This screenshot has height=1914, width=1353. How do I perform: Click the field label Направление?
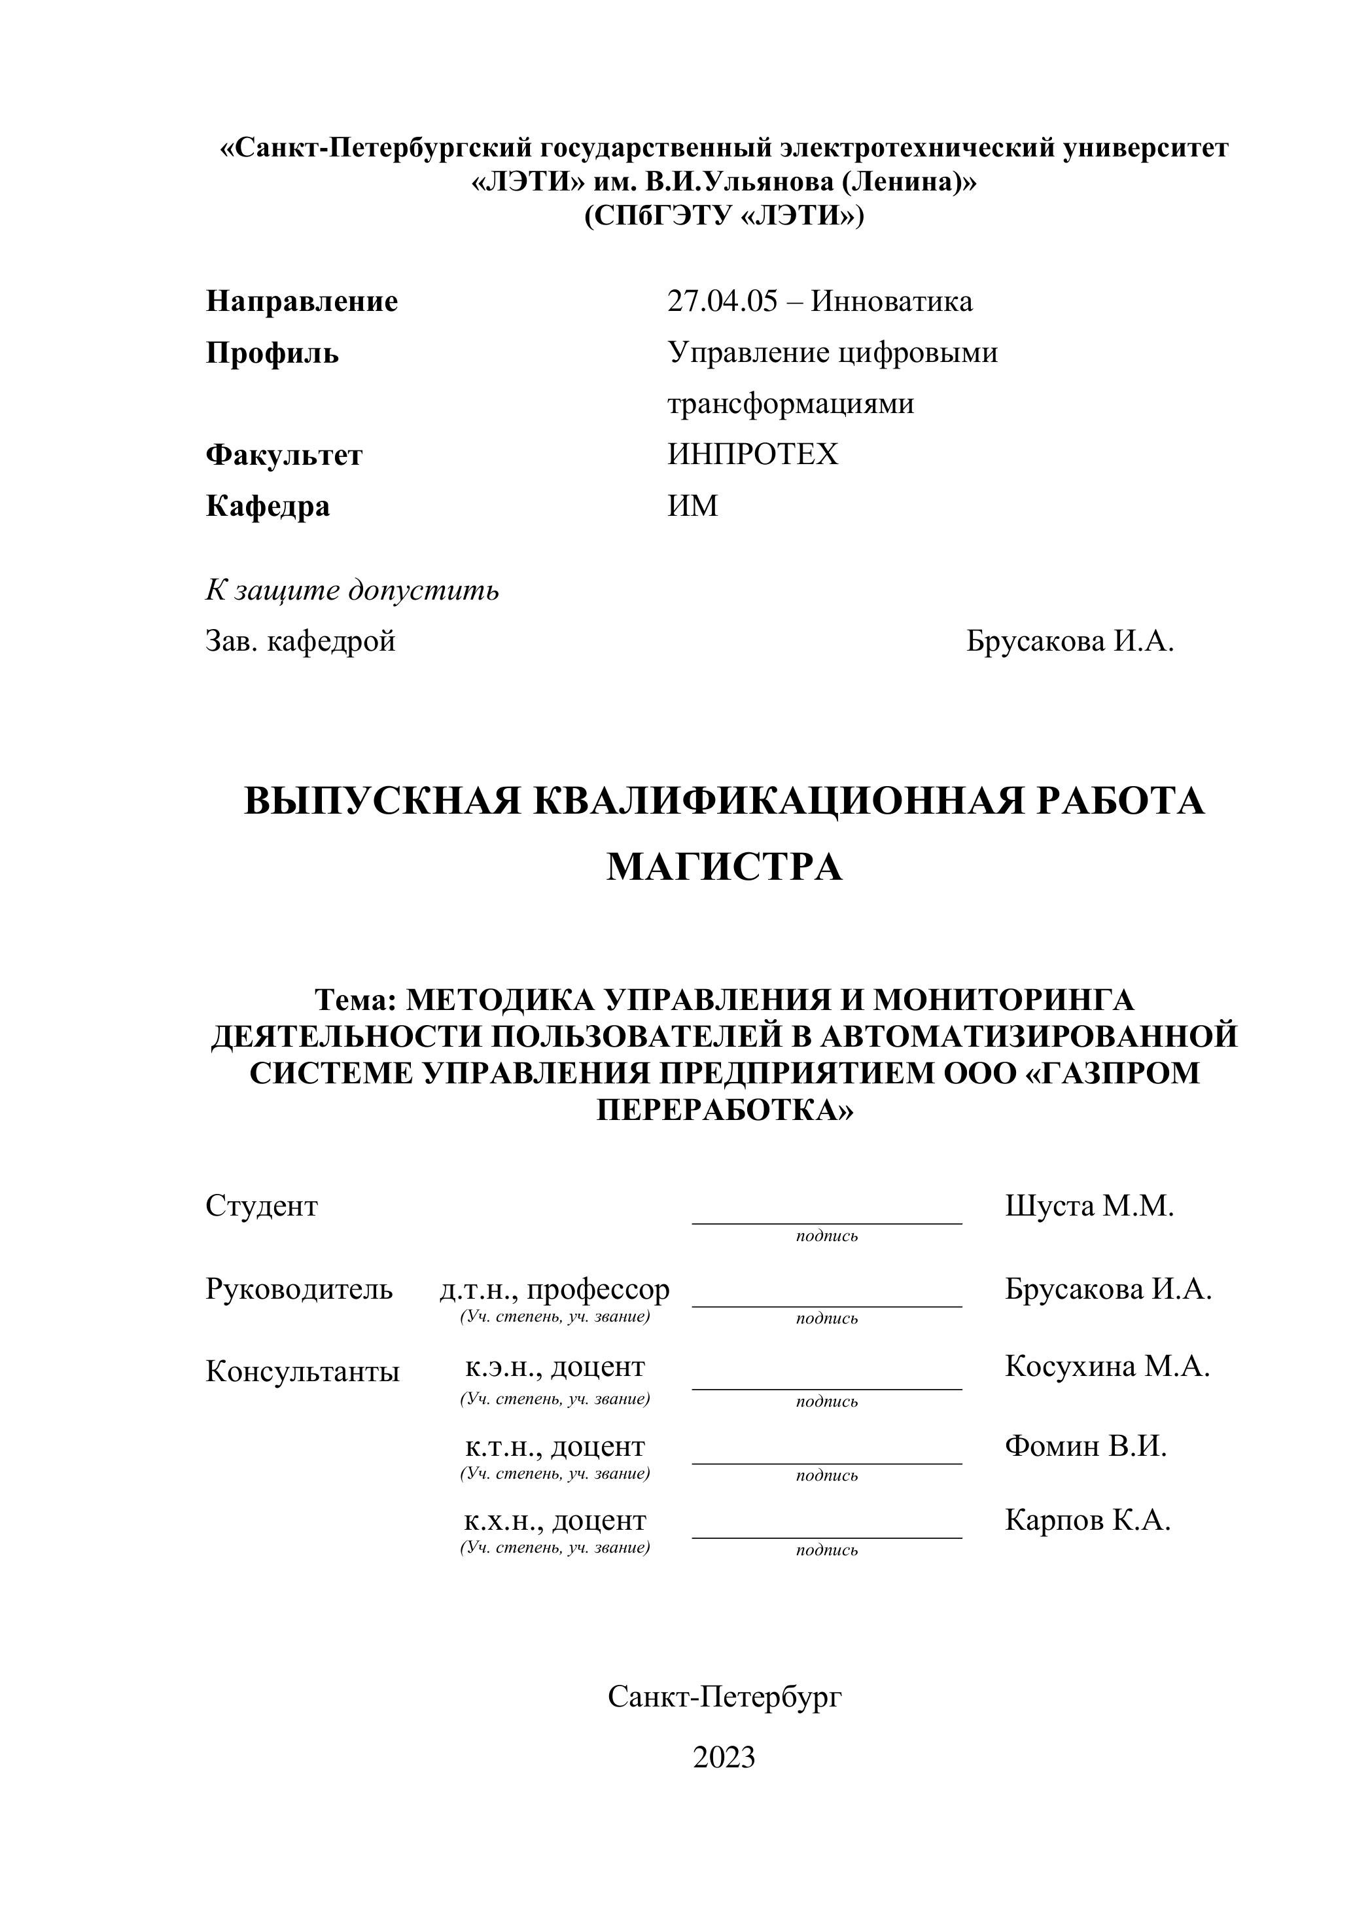[x=302, y=301]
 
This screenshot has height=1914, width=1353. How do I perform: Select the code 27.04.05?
[x=722, y=301]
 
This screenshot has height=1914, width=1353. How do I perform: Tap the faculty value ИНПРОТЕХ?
[x=752, y=454]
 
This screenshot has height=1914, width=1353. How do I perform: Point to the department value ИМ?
[x=692, y=506]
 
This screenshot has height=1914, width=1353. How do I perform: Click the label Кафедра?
[x=268, y=506]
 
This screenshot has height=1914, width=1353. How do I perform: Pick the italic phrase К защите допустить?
[x=353, y=590]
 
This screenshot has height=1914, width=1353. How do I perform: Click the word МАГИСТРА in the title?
[x=724, y=867]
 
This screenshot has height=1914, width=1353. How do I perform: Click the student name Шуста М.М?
[x=1089, y=1206]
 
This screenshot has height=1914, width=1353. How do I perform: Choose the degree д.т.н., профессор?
[x=555, y=1289]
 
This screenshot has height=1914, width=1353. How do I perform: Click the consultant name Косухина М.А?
[x=1107, y=1365]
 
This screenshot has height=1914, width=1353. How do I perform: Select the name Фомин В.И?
[x=1085, y=1445]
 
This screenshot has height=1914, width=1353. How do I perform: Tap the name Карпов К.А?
[x=1087, y=1520]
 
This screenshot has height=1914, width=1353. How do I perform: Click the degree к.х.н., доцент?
[x=555, y=1521]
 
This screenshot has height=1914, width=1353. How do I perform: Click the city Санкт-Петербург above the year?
[x=725, y=1695]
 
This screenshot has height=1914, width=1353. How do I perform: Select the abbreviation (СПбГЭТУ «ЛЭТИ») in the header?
[x=724, y=216]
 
